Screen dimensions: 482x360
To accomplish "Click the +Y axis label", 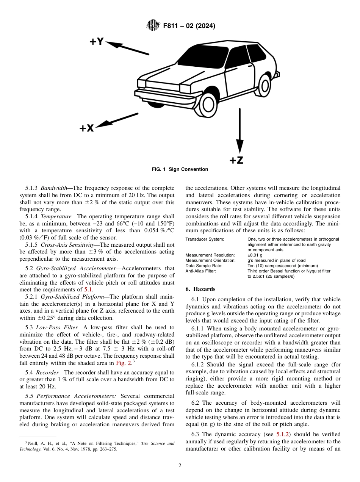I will click(96, 41).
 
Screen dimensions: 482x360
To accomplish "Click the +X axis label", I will click(86, 128).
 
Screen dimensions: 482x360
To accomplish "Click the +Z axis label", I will click(236, 160).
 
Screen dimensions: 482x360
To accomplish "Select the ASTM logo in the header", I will click(152, 26).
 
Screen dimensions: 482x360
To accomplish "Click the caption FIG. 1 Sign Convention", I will click(180, 169).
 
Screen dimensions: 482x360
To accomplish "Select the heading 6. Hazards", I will click(200, 289).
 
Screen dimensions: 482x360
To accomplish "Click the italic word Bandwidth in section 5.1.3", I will click(53, 188).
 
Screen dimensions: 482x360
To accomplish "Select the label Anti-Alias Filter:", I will click(200, 271).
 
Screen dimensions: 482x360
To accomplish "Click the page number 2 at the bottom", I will click(180, 466).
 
